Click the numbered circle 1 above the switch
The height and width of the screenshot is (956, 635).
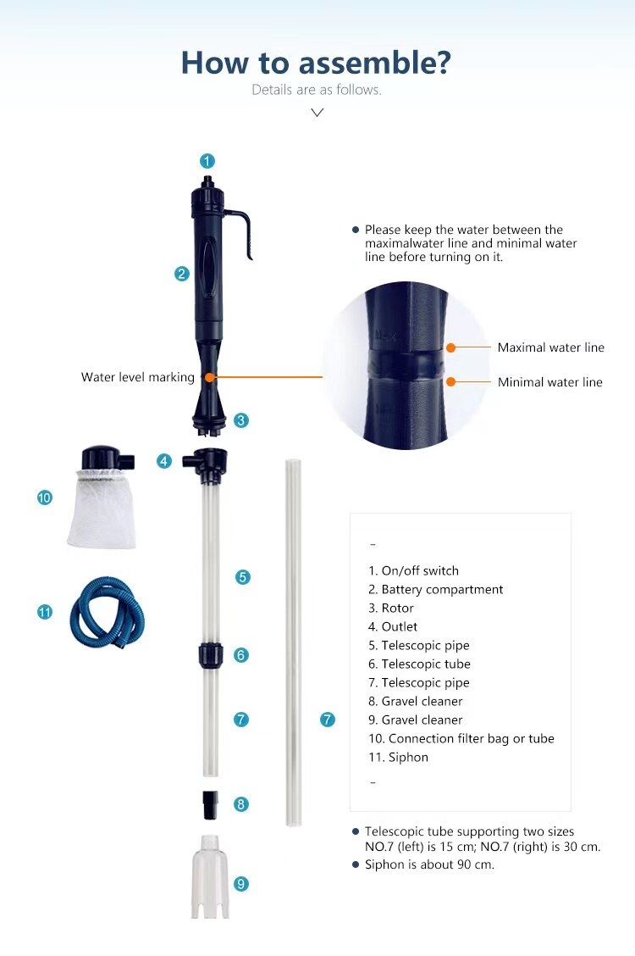point(207,160)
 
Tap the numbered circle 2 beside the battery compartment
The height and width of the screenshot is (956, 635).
point(181,273)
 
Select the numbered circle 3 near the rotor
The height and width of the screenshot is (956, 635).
point(241,420)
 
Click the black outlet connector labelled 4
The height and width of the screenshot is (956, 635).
point(207,461)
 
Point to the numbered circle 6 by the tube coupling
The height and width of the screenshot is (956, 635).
point(241,655)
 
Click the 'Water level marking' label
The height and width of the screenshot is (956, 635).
point(137,377)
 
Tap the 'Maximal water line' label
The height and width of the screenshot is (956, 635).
point(550,347)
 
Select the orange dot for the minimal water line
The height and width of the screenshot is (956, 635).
point(451,382)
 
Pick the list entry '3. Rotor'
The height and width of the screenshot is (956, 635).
point(391,608)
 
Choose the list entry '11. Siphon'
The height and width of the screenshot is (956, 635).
point(398,757)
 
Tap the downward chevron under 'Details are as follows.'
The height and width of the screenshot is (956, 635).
point(317,112)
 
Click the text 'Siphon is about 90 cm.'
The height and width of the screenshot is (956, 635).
point(429,864)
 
